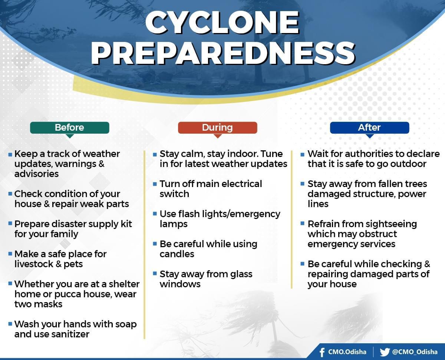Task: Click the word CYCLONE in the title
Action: (x=222, y=23)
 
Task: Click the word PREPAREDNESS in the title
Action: (x=223, y=53)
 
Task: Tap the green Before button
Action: (x=70, y=128)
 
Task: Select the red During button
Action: (x=217, y=128)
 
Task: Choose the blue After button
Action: (x=370, y=128)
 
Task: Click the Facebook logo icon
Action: (x=322, y=352)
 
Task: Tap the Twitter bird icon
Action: (x=385, y=352)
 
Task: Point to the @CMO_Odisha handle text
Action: (x=415, y=352)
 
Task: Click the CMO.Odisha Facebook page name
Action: (x=347, y=352)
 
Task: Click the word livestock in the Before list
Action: (x=34, y=264)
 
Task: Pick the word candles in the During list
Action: (x=177, y=254)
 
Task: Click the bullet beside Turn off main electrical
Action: (x=155, y=184)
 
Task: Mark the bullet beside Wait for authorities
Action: (x=303, y=154)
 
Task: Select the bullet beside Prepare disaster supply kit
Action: (x=10, y=223)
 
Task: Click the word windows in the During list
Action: (x=180, y=284)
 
